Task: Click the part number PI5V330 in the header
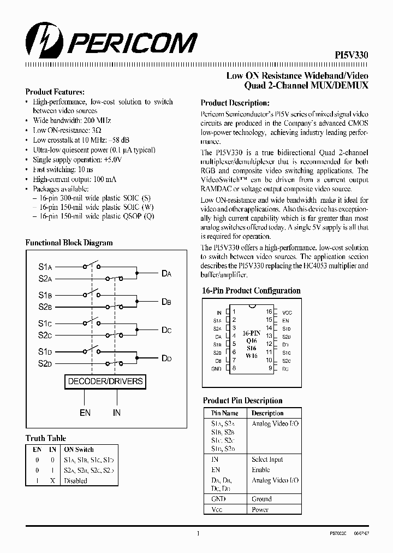coord(351,55)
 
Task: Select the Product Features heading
coord(55,92)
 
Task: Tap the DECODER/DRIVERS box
coord(105,381)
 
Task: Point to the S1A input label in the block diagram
coord(45,267)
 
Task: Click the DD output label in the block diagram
coord(166,358)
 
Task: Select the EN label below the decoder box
coord(85,413)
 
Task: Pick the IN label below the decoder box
coord(117,413)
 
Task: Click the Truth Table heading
coord(46,438)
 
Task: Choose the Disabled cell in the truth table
coord(75,481)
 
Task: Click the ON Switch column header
coord(79,449)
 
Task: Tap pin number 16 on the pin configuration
coord(269,311)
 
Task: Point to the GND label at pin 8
coord(216,369)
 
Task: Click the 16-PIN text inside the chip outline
coord(251,332)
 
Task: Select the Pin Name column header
coord(225,413)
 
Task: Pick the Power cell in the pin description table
coord(260,509)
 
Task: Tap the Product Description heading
coord(235,103)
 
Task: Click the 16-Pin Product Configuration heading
coord(251,291)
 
